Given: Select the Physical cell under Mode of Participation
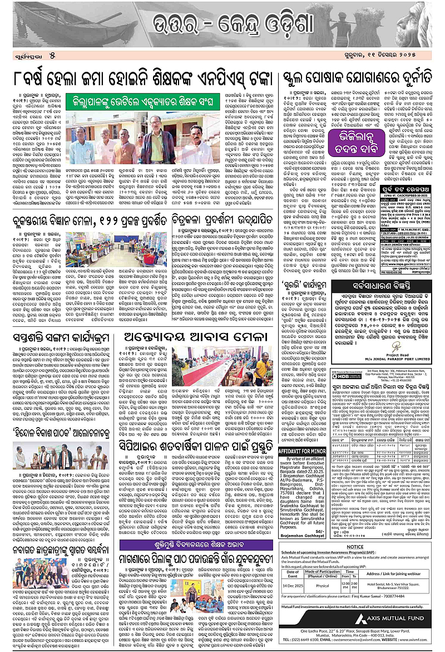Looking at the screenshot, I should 323,586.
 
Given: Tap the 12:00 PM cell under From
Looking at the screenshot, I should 347,586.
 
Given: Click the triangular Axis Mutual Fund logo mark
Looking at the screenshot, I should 363,620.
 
